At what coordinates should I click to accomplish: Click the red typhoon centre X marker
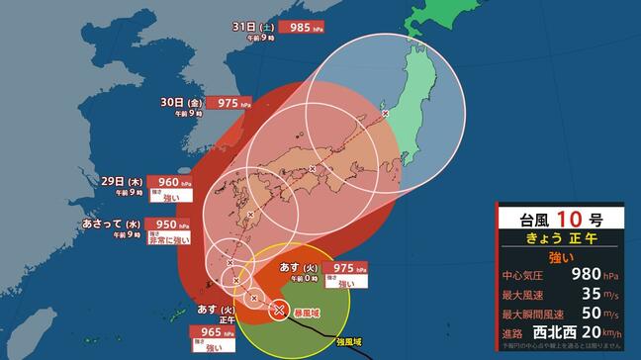pyautogui.click(x=279, y=310)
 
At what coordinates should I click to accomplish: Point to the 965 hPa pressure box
pyautogui.click(x=213, y=333)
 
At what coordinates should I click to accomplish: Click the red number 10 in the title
pyautogui.click(x=566, y=219)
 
